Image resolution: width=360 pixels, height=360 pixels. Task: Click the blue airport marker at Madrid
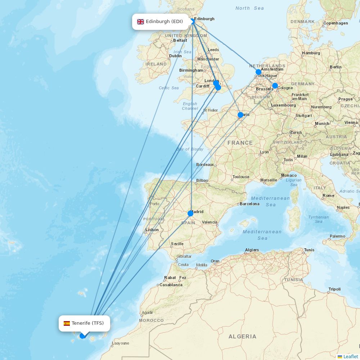coord(190,213)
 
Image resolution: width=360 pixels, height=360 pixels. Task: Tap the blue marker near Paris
coord(240,115)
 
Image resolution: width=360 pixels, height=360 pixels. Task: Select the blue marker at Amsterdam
coord(258,72)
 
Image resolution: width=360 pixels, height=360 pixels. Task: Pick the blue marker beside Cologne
coord(275,86)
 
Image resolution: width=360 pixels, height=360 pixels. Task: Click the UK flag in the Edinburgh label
coord(140,22)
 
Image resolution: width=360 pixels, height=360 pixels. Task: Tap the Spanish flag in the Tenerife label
coord(67,323)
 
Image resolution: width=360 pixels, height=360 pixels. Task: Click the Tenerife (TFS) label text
coord(87,323)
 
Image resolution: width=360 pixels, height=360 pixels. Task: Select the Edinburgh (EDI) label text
coord(164,22)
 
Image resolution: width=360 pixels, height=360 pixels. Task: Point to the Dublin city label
coord(175,56)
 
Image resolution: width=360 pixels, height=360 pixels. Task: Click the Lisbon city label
coord(152,230)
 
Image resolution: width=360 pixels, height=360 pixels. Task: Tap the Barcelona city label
coord(249,204)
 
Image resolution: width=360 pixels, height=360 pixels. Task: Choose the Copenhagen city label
coord(336,23)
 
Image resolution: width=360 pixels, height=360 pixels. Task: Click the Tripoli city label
coord(334,289)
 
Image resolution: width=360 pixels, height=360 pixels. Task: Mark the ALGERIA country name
coord(242,337)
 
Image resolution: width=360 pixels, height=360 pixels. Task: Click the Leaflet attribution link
coord(350,356)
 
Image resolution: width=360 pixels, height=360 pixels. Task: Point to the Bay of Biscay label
coord(190,149)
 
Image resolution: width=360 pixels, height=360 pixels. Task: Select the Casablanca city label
coord(171,285)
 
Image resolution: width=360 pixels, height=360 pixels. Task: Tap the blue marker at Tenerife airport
coord(82,336)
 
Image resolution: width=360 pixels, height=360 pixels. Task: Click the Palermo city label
coord(337,236)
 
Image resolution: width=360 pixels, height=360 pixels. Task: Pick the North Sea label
coord(249,8)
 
